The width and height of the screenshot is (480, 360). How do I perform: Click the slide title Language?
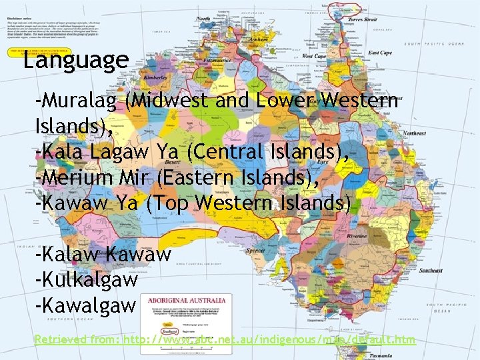tap(75, 60)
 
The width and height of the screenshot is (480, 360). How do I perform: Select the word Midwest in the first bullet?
tap(175, 101)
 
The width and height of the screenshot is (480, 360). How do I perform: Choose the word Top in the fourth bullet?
tap(167, 203)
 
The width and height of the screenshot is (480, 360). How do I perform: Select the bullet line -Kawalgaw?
tap(85, 305)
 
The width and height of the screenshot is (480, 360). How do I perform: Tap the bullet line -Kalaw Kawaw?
tap(103, 254)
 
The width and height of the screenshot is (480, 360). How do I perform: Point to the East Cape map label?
tap(379, 53)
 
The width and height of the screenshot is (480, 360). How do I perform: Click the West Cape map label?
tap(314, 56)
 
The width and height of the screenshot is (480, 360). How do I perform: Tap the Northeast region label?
tap(414, 133)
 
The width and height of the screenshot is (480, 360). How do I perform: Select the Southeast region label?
tap(431, 271)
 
